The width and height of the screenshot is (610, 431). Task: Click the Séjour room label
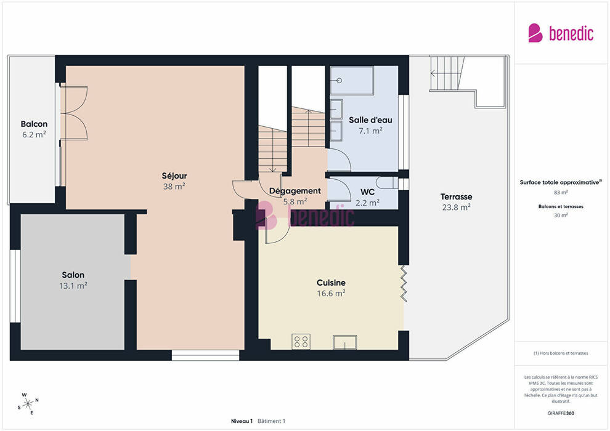tap(174, 175)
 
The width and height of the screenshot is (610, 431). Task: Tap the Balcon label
tap(35, 124)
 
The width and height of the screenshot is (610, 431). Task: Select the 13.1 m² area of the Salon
tap(73, 286)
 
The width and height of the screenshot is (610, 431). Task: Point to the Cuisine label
tap(331, 283)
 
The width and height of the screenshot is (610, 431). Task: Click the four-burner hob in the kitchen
tap(301, 342)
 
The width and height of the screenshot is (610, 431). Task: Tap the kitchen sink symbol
tap(345, 342)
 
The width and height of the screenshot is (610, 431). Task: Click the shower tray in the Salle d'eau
tap(352, 81)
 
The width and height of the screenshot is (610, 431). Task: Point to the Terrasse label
tap(457, 196)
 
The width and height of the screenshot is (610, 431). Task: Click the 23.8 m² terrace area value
tap(457, 207)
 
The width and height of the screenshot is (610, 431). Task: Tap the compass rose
tap(28, 404)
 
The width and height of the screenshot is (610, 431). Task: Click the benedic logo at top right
tap(561, 33)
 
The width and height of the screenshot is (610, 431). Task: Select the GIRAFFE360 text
tap(561, 413)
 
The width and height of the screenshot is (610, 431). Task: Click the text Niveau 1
tap(242, 421)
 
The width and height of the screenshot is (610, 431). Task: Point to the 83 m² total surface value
tap(561, 192)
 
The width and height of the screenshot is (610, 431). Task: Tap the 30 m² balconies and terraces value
tap(561, 215)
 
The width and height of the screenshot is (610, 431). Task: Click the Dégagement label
tap(295, 191)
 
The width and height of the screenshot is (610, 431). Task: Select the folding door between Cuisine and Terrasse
tap(404, 283)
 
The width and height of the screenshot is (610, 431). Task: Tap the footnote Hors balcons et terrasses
tap(561, 353)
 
